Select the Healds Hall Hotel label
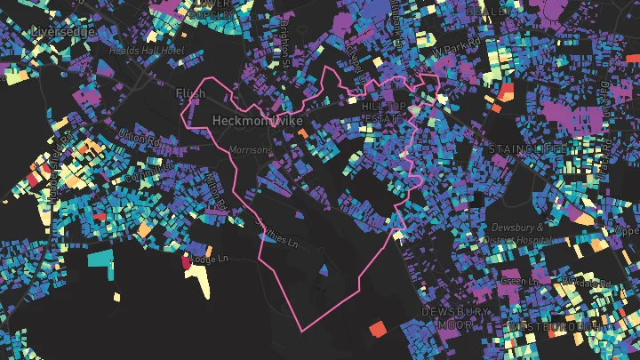tap(145, 51)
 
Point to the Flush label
tap(191, 93)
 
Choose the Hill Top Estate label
tap(383, 111)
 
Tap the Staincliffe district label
tap(524, 148)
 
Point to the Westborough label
tap(548, 327)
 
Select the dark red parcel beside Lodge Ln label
tap(187, 261)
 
